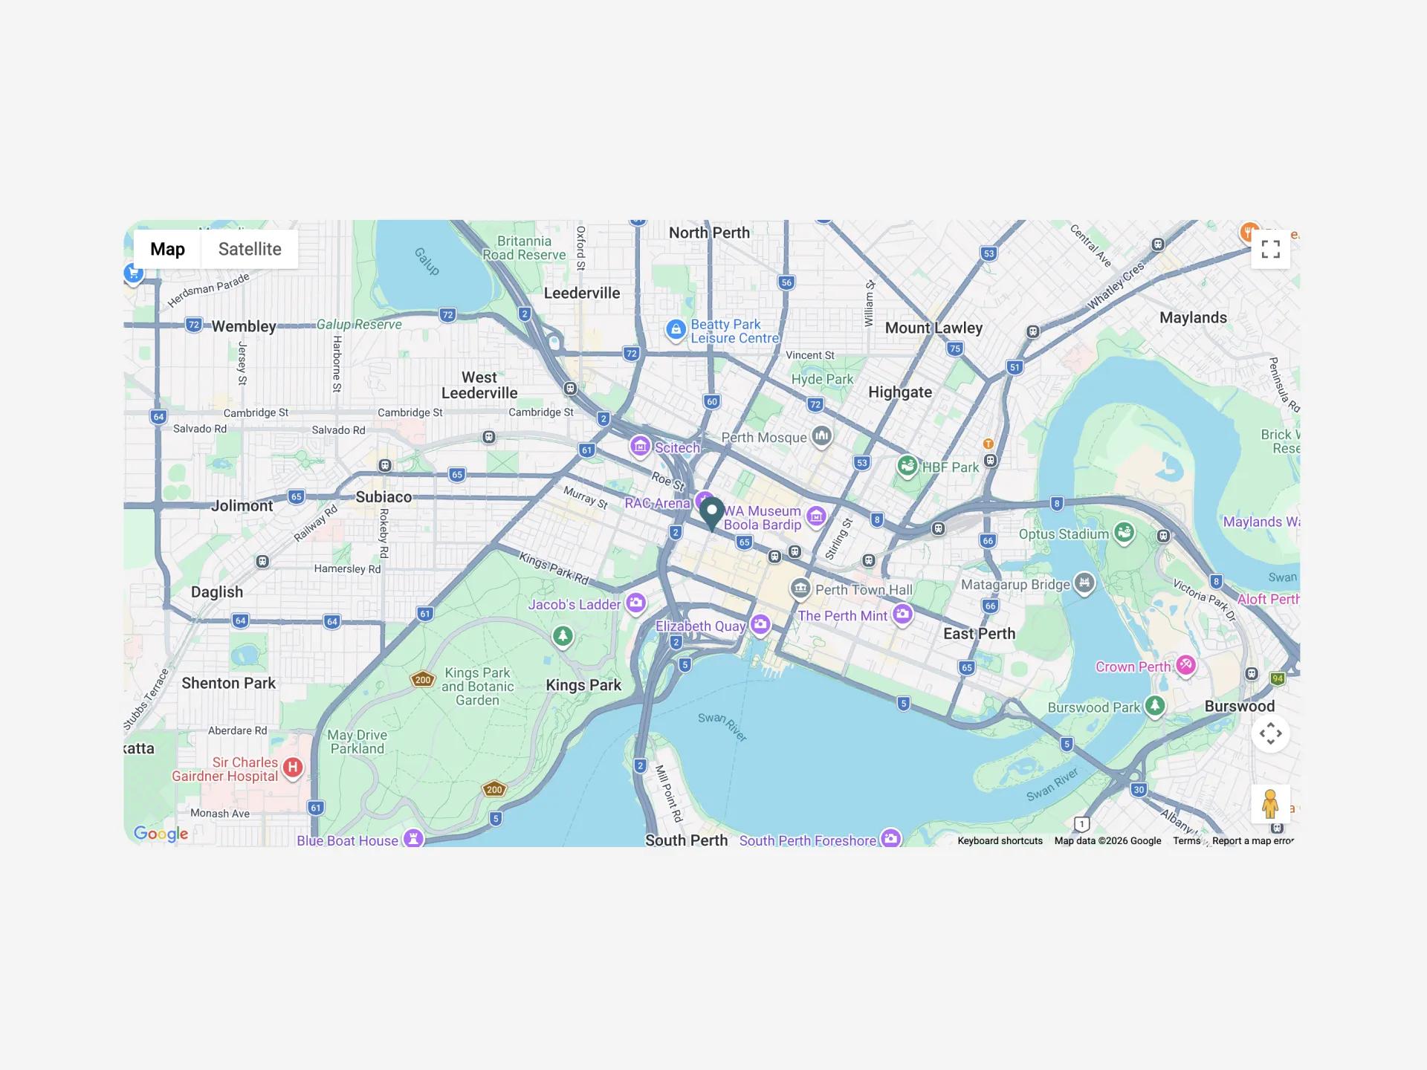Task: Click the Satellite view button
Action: click(250, 249)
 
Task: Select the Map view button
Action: click(167, 249)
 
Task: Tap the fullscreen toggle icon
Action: click(1270, 250)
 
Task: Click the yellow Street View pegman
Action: click(1270, 804)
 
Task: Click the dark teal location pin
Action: click(712, 512)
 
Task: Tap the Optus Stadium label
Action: click(1064, 534)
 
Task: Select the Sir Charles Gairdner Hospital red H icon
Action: click(293, 768)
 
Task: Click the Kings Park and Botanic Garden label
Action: click(477, 686)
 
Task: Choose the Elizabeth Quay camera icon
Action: click(760, 624)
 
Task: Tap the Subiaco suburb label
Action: click(384, 497)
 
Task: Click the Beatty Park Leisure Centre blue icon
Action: click(675, 329)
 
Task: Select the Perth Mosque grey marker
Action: click(821, 435)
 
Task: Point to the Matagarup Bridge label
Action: click(1015, 585)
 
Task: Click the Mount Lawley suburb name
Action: click(933, 328)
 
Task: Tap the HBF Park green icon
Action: click(906, 466)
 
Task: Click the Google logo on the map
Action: click(161, 834)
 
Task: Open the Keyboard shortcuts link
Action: click(1000, 840)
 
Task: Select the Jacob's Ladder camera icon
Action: click(635, 603)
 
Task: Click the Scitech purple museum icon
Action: click(640, 446)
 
